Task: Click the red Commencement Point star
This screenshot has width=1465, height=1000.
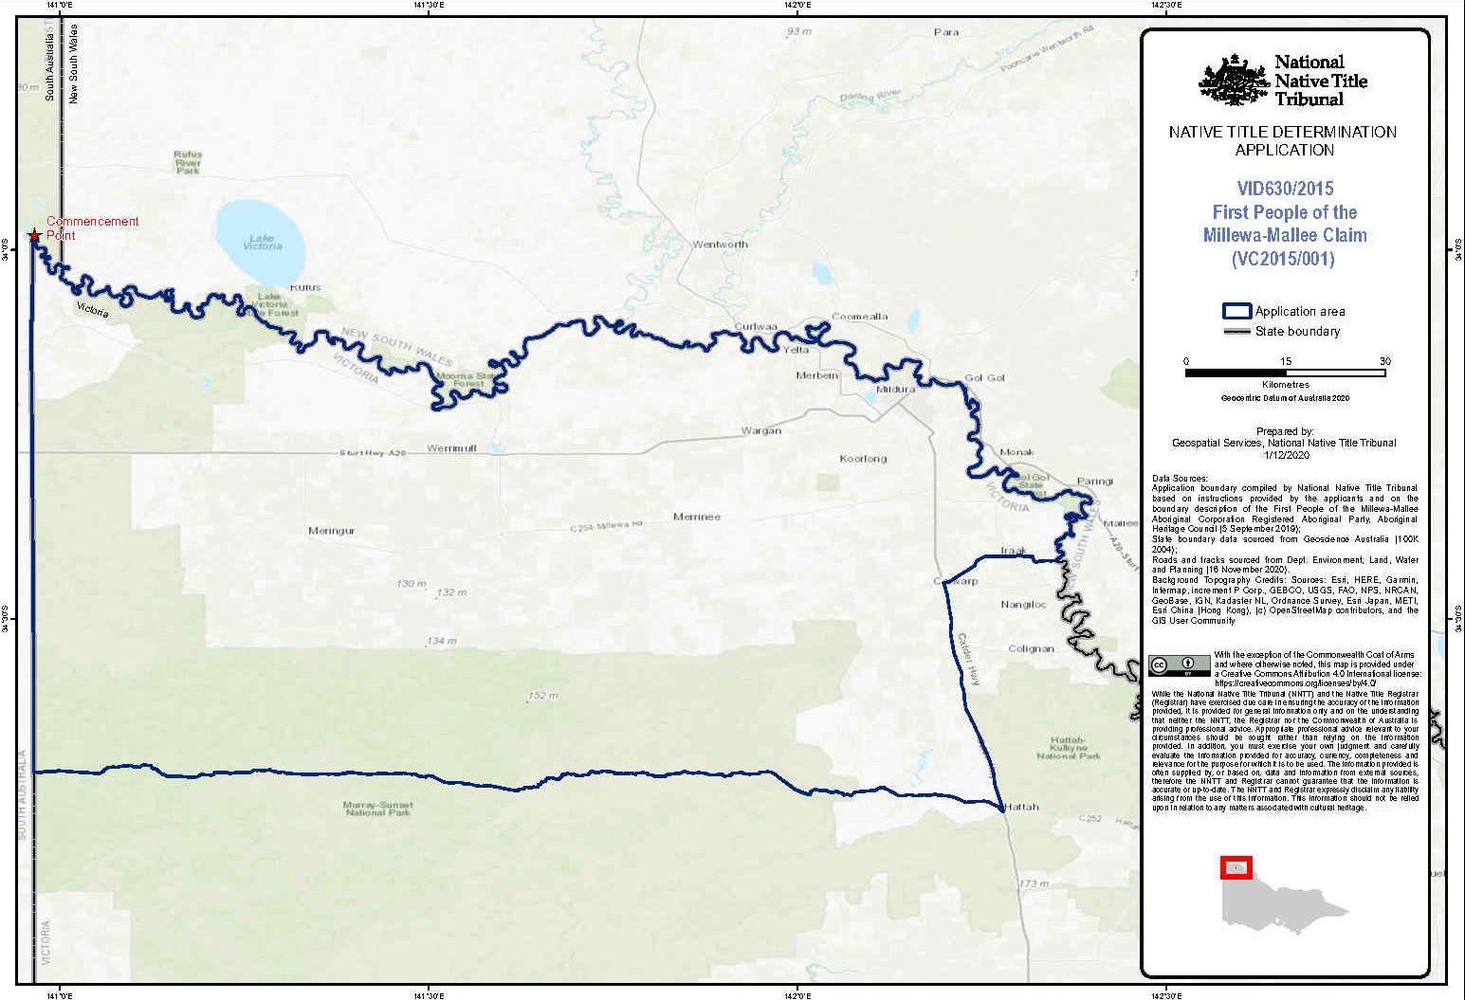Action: coord(34,234)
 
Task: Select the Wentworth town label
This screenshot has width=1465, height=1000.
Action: coord(720,245)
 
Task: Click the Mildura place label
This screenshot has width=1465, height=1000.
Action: coord(895,390)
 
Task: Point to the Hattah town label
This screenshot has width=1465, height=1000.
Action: coord(1022,808)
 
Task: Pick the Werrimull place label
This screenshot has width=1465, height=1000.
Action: coord(451,448)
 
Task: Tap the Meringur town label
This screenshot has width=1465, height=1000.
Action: coord(331,531)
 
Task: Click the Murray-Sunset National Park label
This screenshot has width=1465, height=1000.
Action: coord(377,809)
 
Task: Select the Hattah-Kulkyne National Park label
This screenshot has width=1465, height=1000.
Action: coord(1069,748)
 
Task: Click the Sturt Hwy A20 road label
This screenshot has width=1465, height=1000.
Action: coord(373,454)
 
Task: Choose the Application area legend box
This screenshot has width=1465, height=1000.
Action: coord(1236,311)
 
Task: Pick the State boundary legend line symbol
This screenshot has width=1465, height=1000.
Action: coord(1236,332)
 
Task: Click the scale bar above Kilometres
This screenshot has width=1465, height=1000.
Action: coord(1285,373)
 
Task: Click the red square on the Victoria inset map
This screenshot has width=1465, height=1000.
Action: coord(1236,867)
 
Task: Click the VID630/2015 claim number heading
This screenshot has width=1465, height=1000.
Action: coord(1285,189)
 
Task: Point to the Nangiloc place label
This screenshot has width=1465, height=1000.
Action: coord(1023,605)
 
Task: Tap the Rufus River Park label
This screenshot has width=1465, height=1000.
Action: coord(188,162)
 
